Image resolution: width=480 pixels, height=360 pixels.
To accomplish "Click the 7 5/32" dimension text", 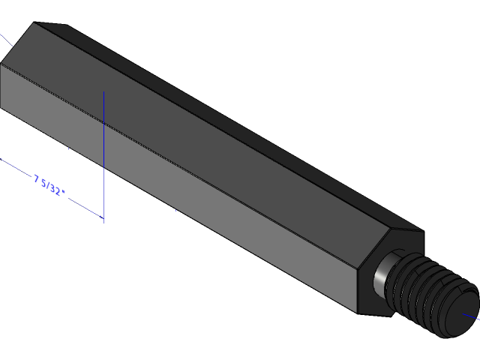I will click(49, 184).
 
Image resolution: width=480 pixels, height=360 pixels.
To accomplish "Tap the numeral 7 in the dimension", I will click(36, 178).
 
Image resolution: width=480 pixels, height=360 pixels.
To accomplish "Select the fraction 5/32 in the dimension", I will click(52, 186).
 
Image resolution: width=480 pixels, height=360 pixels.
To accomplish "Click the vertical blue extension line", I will click(103, 150).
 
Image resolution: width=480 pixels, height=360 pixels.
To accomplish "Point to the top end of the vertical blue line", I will click(103, 92).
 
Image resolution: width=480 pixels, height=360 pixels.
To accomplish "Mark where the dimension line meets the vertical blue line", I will click(103, 218).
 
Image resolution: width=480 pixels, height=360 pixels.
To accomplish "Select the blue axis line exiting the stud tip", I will click(473, 316).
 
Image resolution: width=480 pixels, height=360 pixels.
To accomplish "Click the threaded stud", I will click(431, 292).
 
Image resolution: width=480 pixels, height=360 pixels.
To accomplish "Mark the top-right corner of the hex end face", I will click(424, 232).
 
